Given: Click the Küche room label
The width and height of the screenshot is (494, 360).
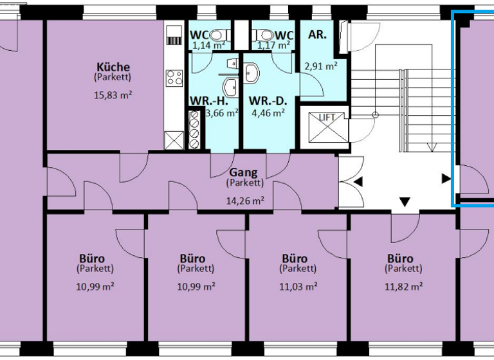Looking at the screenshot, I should (x=113, y=67).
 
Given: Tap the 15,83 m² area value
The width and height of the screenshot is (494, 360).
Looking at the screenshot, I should (x=113, y=95).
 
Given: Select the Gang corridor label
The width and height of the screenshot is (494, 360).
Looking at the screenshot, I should (x=244, y=172).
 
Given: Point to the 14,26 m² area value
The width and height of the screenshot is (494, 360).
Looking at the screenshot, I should (x=244, y=201).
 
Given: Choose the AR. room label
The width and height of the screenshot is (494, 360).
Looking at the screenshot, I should (x=317, y=35).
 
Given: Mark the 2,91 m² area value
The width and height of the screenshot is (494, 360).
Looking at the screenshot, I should (x=321, y=66).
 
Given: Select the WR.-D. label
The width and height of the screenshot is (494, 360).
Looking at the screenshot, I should (x=268, y=100).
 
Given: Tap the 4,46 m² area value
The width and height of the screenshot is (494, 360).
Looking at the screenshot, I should (x=268, y=113).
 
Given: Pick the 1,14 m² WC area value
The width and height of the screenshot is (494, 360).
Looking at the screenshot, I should (x=209, y=46).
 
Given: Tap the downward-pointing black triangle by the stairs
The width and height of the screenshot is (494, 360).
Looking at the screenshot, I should (x=405, y=203).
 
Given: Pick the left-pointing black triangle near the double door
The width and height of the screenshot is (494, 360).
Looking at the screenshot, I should (x=358, y=183).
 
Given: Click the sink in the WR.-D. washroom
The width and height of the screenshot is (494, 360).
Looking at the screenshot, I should (x=253, y=73).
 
